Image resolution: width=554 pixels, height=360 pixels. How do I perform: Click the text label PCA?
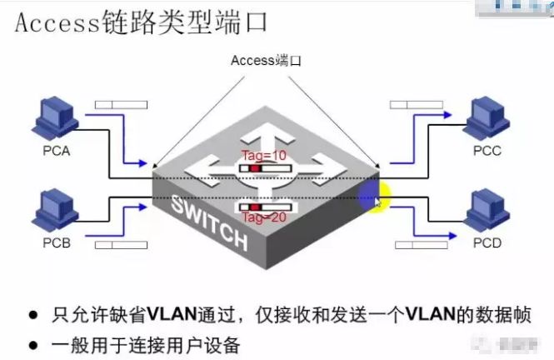point(57,152)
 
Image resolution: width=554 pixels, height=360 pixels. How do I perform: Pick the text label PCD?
point(489,243)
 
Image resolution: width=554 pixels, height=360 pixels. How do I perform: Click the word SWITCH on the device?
point(210,224)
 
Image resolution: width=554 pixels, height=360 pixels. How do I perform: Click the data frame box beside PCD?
point(420,244)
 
